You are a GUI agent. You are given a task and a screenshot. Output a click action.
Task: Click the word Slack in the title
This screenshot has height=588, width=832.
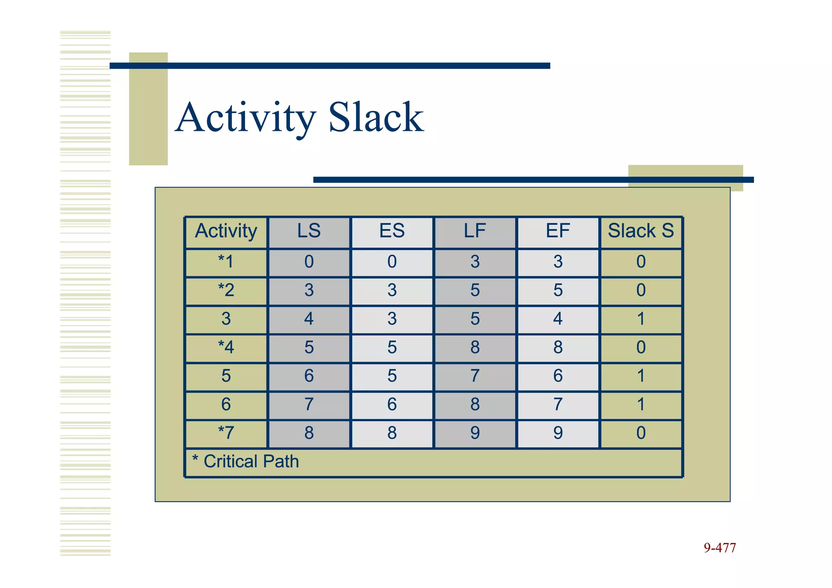(376, 118)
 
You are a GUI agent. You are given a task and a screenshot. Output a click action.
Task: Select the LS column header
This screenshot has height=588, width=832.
(309, 231)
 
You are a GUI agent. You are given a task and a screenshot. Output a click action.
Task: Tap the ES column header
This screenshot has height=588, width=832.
(392, 231)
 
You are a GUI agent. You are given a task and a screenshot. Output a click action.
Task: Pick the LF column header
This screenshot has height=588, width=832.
(475, 231)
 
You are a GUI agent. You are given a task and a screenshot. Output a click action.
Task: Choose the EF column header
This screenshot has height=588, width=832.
(558, 231)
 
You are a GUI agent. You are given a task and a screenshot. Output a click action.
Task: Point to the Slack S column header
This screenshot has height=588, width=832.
(641, 231)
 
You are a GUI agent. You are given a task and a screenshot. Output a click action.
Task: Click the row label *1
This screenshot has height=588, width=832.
(226, 262)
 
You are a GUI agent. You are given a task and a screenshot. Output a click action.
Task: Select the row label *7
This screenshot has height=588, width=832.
(226, 433)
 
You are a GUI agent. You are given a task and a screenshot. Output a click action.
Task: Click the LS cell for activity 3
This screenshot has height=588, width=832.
(309, 319)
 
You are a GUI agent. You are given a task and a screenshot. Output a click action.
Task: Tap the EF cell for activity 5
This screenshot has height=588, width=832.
(558, 376)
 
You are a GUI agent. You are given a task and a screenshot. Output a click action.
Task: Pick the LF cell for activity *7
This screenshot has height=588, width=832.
(475, 433)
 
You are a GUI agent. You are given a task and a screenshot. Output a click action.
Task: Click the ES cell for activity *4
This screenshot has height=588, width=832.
(392, 347)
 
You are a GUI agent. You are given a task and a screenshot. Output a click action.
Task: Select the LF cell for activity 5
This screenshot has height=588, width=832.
(475, 376)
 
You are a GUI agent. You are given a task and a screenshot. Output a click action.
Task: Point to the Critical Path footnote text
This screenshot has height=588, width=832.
(246, 462)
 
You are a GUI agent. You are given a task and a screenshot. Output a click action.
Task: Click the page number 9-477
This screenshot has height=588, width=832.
(719, 548)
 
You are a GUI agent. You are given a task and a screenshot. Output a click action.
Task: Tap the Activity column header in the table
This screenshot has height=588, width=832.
(226, 231)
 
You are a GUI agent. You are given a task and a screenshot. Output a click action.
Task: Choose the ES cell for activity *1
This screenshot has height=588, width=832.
(392, 262)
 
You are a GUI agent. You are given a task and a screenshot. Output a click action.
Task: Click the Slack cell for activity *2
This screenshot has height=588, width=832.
(641, 290)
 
